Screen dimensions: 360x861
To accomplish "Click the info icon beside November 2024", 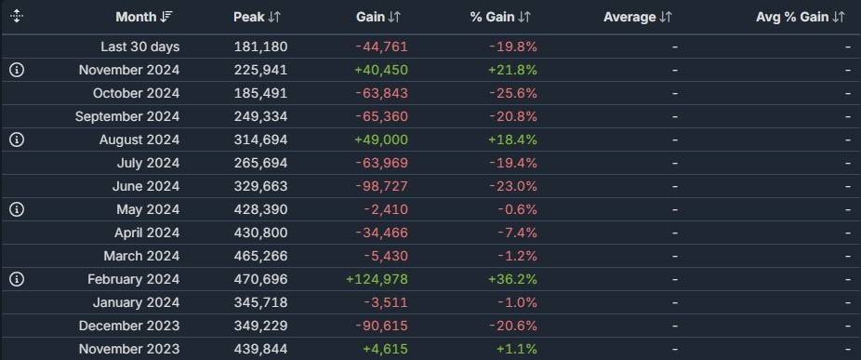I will (x=17, y=70).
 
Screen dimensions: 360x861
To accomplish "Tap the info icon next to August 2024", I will (x=17, y=140).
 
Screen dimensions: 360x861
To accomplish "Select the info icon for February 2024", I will (x=17, y=279).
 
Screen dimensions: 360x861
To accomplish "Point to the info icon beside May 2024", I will (x=17, y=209).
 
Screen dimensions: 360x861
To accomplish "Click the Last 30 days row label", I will (x=139, y=47).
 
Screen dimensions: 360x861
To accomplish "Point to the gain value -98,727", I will (x=380, y=186).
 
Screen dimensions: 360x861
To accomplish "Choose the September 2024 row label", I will (x=127, y=116).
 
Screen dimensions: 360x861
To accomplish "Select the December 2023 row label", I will (x=129, y=326).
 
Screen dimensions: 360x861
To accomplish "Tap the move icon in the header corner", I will (x=17, y=17).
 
